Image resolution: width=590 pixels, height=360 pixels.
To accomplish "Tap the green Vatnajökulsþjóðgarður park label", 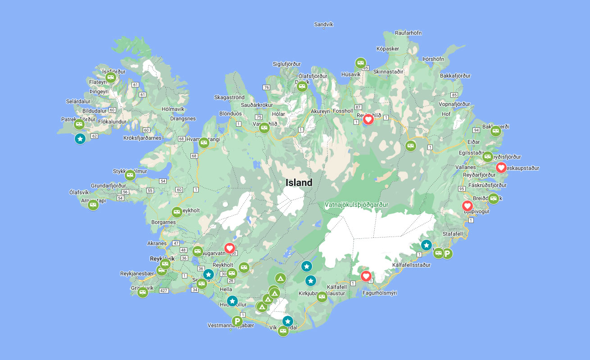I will click(356, 205).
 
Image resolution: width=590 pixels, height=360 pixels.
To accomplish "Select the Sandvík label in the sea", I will click(323, 25).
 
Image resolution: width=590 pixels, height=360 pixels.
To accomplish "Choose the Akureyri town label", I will click(321, 111).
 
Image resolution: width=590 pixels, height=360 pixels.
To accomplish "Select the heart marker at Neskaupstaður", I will click(501, 168).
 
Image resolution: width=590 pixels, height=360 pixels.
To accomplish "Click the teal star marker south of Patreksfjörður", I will click(80, 139).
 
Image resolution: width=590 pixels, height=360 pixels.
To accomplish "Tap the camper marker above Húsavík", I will click(360, 63).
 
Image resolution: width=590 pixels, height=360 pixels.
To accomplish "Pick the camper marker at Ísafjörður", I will click(110, 77).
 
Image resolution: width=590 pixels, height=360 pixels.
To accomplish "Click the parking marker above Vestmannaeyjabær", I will click(237, 321).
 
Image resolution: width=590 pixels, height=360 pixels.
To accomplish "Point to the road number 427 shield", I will click(164, 291).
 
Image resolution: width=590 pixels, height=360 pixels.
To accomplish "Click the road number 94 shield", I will click(477, 130).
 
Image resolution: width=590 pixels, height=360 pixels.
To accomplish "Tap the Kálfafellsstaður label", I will click(411, 265).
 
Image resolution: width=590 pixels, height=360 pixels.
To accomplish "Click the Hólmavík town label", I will click(173, 109).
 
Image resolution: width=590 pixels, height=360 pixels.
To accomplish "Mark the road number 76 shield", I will click(266, 87).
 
